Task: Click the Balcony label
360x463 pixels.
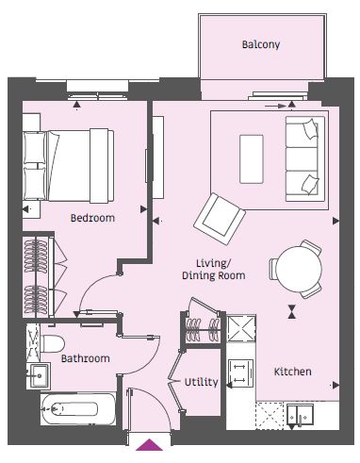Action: [261, 44]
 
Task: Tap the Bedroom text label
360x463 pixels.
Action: [92, 218]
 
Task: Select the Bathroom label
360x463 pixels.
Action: [86, 358]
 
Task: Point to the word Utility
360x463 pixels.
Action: [201, 382]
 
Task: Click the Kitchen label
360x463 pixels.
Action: [293, 372]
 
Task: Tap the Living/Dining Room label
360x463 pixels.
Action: [214, 270]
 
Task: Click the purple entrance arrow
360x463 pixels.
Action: [149, 445]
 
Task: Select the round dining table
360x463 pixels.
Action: [299, 269]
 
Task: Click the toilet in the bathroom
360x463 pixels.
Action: [52, 343]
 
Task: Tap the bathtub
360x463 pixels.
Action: [78, 409]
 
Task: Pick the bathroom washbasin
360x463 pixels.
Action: [39, 375]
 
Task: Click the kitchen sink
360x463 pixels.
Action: [300, 415]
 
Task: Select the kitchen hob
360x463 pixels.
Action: [240, 372]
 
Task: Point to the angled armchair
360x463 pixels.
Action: [220, 219]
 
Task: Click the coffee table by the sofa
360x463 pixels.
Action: [252, 159]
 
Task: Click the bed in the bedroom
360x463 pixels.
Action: [69, 166]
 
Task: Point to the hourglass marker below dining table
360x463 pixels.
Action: [292, 311]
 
